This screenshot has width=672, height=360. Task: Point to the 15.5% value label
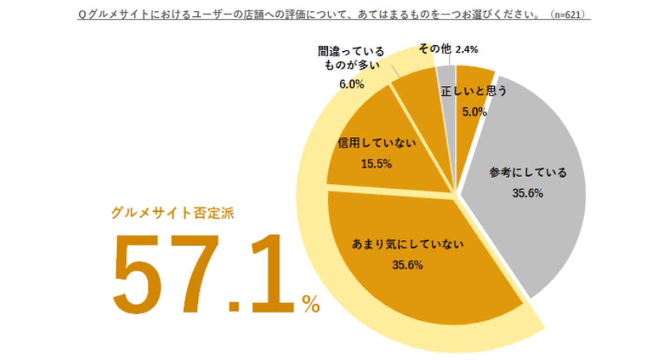[x=376, y=164]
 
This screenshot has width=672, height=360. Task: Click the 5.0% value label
[x=475, y=112]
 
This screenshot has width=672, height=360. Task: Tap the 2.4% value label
[x=467, y=50]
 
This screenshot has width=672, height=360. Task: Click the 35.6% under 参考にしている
[x=528, y=194]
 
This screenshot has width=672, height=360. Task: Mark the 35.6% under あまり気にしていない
[x=407, y=265]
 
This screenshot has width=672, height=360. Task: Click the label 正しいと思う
[x=474, y=91]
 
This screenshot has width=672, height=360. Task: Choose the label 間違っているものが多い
[x=351, y=58]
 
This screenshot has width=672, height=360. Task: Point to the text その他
[x=435, y=48]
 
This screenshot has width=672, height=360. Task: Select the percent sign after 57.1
[x=311, y=305]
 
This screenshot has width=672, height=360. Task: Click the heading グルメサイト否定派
[x=173, y=213]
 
